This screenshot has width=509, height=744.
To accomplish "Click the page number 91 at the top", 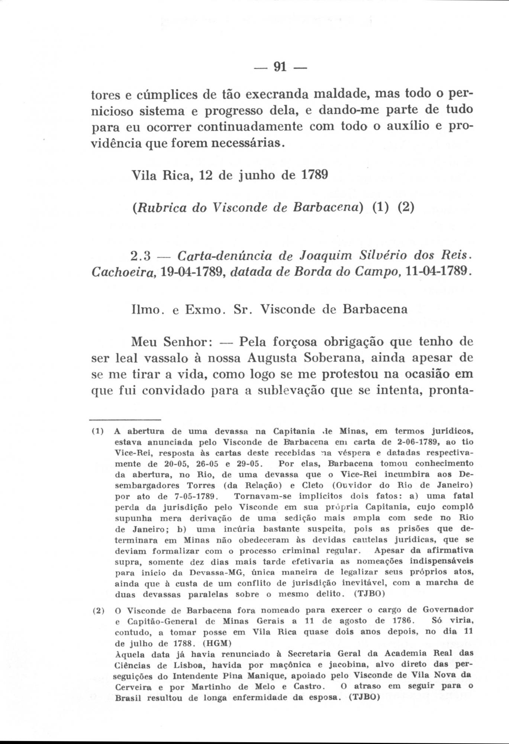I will (x=279, y=67).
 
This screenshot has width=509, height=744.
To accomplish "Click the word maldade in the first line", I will (x=338, y=94).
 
